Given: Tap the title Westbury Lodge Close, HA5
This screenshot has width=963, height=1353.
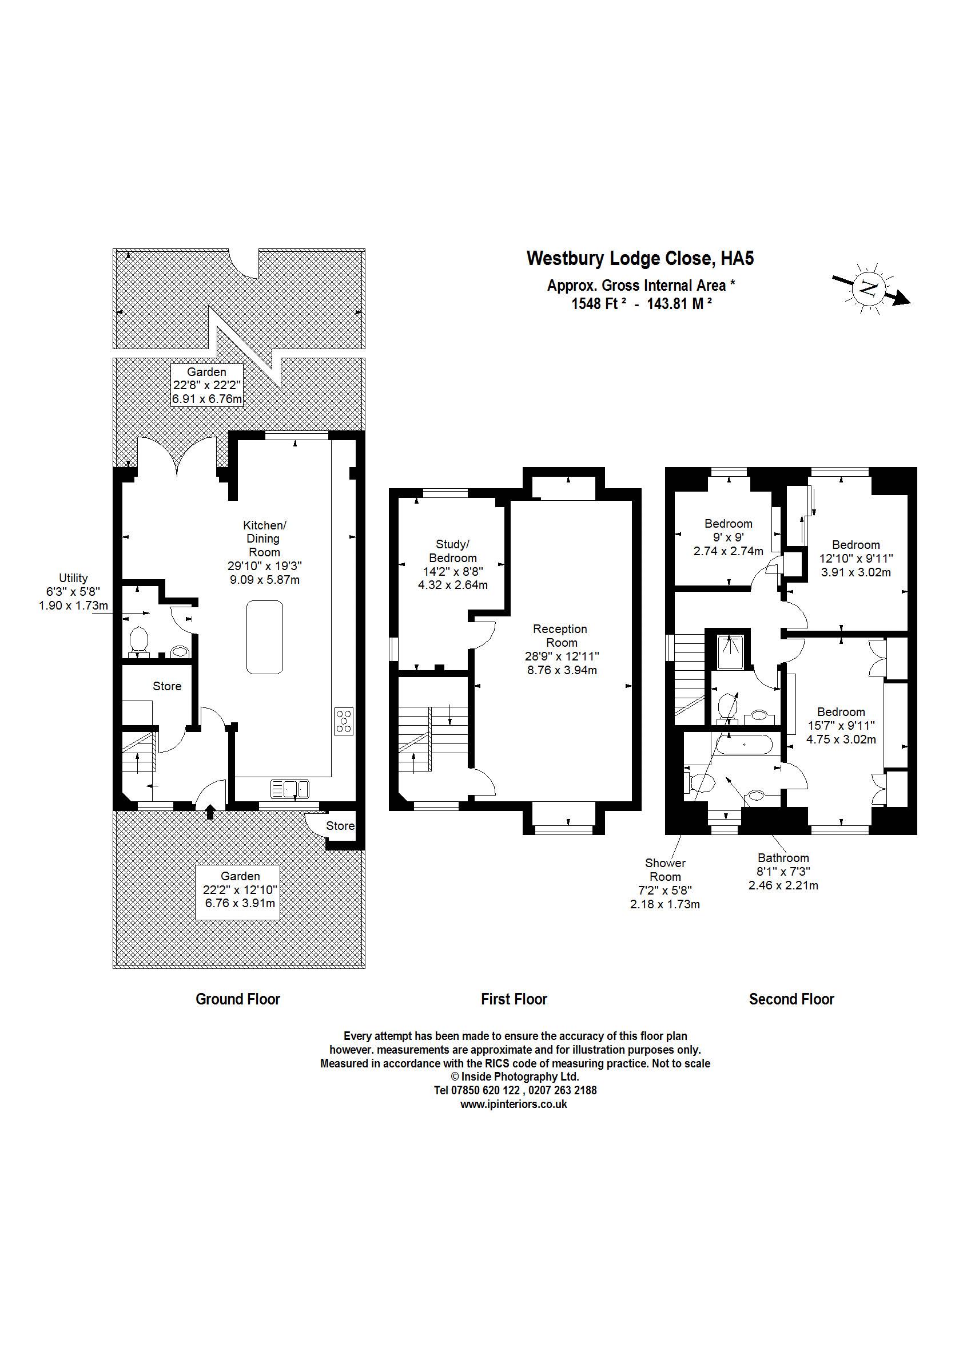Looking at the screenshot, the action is click(640, 258).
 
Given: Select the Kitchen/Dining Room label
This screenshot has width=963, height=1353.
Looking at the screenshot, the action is click(264, 552).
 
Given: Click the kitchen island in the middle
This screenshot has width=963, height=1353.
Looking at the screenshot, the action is click(264, 637).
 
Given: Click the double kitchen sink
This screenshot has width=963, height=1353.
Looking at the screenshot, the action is click(290, 789).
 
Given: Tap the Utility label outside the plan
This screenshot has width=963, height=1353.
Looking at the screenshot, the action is click(74, 592).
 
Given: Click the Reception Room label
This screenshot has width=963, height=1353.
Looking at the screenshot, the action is click(561, 649).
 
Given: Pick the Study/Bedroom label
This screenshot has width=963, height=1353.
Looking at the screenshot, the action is click(452, 564).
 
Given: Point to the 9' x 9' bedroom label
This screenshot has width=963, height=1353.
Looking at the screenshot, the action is click(728, 537).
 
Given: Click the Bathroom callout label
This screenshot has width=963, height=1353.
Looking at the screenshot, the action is click(783, 871).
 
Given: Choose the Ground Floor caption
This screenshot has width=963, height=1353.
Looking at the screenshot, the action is click(238, 999).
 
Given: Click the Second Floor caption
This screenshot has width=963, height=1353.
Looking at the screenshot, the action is click(791, 999).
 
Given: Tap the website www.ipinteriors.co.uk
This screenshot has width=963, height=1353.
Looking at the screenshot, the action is click(514, 1104).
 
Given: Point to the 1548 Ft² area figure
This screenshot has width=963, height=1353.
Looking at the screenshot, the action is click(599, 303).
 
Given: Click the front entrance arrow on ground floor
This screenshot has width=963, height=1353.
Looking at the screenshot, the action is click(210, 811).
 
